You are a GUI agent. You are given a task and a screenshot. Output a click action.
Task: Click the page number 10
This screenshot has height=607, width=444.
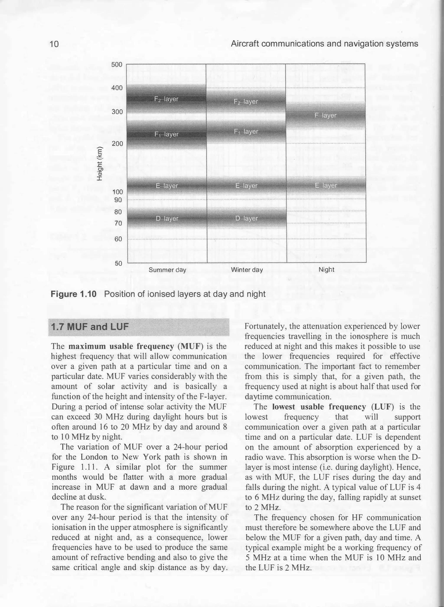(x=54, y=44)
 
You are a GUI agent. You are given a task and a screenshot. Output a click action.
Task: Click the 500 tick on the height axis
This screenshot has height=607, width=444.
(x=117, y=65)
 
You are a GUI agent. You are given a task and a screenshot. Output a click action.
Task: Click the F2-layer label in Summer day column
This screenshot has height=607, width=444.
(x=166, y=99)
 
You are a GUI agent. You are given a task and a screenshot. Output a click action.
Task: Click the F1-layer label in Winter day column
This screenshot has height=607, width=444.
(x=246, y=131)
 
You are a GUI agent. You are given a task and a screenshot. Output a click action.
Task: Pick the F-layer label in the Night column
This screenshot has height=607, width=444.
(x=325, y=115)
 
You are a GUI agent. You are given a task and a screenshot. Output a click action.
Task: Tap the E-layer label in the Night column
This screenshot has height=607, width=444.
(x=326, y=186)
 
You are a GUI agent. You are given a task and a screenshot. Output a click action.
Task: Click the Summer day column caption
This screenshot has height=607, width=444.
(x=167, y=270)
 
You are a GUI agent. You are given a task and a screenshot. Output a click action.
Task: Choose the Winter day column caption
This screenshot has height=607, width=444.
(x=247, y=270)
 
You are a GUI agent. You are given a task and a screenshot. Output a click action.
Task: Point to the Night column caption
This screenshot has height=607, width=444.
(x=326, y=270)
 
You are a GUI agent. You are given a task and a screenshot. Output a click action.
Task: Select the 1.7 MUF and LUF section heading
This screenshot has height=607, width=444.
(x=90, y=327)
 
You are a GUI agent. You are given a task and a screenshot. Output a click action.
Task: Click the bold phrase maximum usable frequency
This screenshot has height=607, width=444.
(x=121, y=346)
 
